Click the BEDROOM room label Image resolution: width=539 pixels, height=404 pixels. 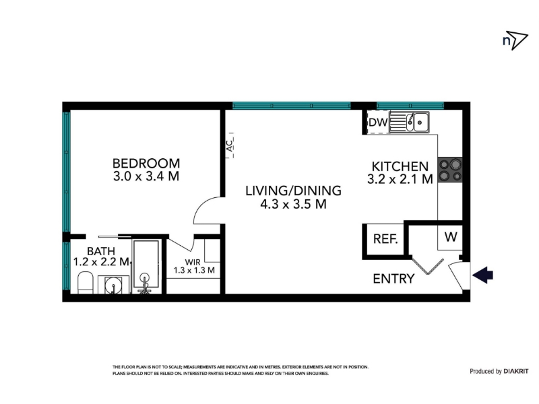146,163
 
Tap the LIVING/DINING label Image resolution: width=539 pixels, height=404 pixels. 293,191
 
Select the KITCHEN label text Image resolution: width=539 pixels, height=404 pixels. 400,166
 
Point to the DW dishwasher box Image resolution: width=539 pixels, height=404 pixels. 378,123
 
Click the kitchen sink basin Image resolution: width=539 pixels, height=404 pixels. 420,122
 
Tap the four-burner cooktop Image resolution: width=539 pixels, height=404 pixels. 450,170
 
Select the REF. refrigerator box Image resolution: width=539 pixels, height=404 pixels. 385,239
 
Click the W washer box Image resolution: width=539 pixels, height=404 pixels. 450,237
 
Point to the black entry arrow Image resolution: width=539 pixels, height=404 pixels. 483,275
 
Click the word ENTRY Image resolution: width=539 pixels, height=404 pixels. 393,279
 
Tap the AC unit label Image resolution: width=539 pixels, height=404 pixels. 230,145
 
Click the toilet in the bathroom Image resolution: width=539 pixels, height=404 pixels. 86,283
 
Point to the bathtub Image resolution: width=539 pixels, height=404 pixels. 146,266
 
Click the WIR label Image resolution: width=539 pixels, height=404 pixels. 193,262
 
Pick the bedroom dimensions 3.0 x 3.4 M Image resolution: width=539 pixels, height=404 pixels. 146,176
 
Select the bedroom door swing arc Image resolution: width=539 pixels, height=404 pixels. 203,206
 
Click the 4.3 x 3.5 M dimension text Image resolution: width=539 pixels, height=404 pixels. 293,205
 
